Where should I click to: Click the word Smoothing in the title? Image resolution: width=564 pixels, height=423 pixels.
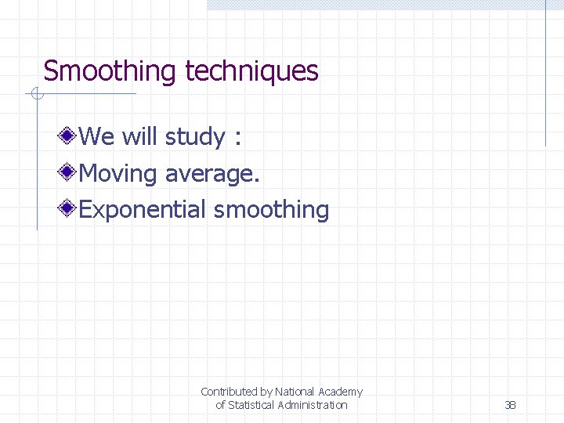[110, 71]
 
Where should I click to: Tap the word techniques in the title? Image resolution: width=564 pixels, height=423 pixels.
[251, 71]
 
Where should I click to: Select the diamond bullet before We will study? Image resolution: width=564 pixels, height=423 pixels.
[70, 136]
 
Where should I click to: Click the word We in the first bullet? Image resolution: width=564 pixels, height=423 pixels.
[97, 137]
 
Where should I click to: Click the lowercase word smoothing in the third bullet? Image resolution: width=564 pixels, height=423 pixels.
[271, 210]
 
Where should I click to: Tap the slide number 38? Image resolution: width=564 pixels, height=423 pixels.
[510, 405]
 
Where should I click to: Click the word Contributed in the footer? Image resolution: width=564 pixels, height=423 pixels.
[228, 392]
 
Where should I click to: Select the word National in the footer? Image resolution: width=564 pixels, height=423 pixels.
[294, 392]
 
